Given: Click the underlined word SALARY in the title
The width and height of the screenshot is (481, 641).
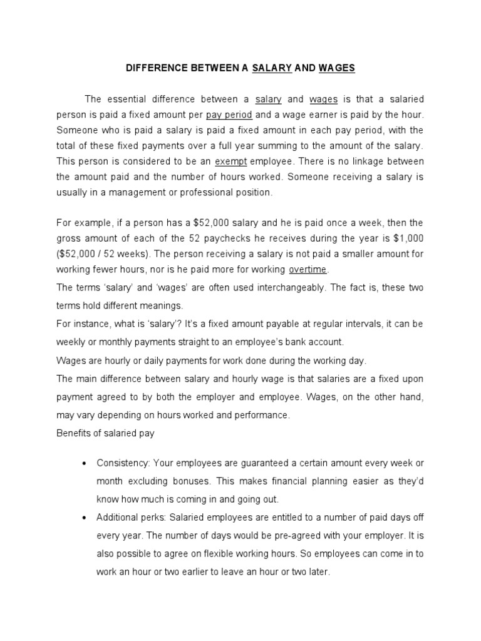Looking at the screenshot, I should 272,68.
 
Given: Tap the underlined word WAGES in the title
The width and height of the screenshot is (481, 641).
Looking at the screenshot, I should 336,68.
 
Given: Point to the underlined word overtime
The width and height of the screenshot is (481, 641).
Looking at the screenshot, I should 308,270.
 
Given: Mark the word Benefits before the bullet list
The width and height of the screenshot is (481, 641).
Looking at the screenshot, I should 73,433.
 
